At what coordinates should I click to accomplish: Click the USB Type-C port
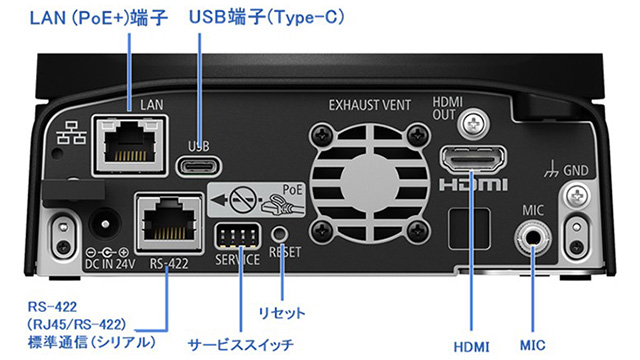point(199,166)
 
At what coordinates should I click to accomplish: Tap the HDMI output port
point(473,160)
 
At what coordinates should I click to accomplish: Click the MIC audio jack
point(532,237)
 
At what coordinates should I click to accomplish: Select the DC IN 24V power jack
point(105,224)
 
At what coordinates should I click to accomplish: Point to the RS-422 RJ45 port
point(169,223)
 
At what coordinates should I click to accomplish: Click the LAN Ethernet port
point(130,146)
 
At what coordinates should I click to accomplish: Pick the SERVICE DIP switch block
point(238,236)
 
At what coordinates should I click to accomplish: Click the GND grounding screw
point(577,197)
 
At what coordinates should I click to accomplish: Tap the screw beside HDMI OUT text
point(473,122)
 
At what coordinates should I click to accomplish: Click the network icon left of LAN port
point(71,132)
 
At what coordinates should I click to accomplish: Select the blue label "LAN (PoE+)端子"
point(98,18)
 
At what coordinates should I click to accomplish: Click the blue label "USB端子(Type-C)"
point(267,17)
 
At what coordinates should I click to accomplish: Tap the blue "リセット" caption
point(282,313)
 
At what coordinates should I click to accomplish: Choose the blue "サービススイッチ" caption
point(240,345)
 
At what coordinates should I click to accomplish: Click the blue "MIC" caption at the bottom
point(532,345)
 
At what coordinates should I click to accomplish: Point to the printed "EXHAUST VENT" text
point(370,105)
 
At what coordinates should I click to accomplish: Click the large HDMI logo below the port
point(473,185)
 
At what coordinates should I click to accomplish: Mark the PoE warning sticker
point(256,199)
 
